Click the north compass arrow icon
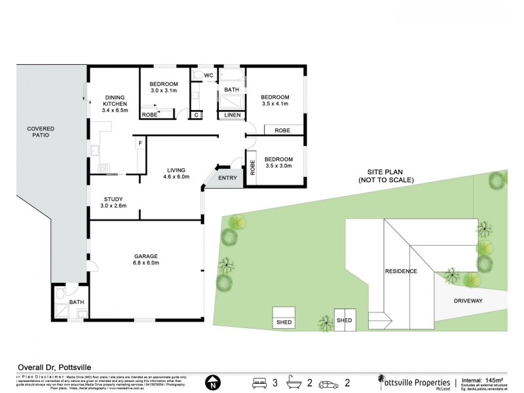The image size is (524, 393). click(212, 383)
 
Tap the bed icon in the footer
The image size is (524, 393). click(260, 383)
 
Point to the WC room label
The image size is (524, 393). click(209, 76)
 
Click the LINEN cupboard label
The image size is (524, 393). click(232, 116)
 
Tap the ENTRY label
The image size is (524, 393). click(227, 178)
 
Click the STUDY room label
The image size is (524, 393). click(113, 199)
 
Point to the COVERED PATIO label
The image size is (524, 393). click(41, 132)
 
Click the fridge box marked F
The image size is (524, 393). click(140, 143)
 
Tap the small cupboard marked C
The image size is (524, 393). click(196, 115)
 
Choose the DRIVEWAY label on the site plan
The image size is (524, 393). click(468, 301)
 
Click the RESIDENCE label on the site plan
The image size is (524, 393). click(401, 270)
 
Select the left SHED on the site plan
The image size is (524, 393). click(285, 318)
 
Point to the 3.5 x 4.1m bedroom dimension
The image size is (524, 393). click(274, 104)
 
